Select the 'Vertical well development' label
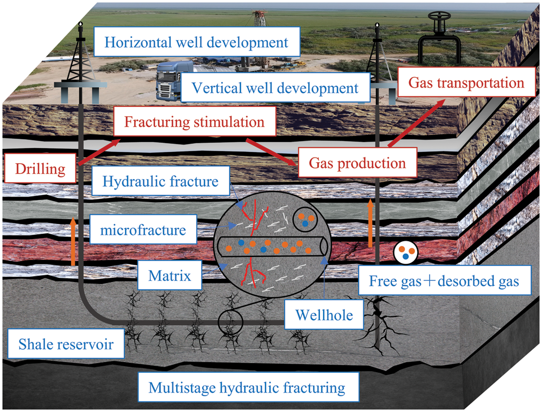[x=275, y=88]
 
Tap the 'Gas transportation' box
[x=466, y=82]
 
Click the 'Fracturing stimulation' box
[x=195, y=122]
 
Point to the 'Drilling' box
[x=40, y=170]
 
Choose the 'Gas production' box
[x=358, y=163]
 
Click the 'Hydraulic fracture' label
[x=161, y=181]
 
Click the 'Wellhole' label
[x=324, y=314]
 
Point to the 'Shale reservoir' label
[x=66, y=343]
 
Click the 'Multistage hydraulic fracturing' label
[x=247, y=387]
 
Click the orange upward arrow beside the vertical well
[x=371, y=222]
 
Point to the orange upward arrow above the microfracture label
[x=74, y=241]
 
